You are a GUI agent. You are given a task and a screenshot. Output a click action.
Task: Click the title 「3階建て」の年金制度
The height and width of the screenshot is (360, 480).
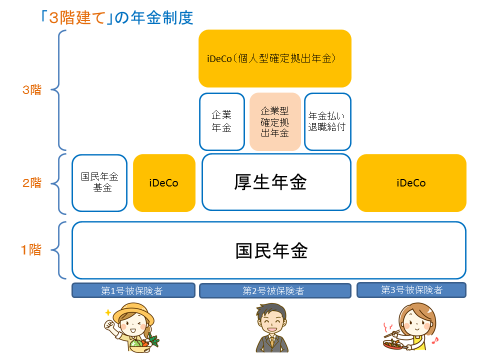pos(117,18)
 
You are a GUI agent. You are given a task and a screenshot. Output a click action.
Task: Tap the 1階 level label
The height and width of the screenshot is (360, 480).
pos(31,250)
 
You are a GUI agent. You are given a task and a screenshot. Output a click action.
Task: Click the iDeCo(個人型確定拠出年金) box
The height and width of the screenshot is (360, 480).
pos(274,58)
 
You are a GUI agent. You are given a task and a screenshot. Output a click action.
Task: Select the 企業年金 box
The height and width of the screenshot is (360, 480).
pos(221,121)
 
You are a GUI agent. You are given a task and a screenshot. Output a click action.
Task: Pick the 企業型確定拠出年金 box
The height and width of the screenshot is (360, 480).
pos(275,121)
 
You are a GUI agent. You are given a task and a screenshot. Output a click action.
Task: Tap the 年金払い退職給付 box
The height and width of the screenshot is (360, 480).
pos(327,121)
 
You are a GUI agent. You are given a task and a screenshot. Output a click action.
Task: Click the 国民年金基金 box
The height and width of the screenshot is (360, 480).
pos(99,182)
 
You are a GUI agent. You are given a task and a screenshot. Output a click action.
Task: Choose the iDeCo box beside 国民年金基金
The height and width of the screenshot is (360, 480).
pos(164,183)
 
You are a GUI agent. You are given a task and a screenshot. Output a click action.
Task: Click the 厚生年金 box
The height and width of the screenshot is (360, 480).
pos(276,182)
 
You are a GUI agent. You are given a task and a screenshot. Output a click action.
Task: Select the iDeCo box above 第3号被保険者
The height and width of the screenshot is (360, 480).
pos(411,183)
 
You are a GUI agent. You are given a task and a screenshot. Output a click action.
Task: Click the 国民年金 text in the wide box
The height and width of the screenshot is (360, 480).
pos(271,250)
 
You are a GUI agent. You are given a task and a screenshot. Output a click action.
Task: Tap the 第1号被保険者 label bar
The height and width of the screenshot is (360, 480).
pos(133,290)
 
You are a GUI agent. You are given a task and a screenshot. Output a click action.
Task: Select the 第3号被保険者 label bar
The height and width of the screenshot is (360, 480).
pos(411,290)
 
